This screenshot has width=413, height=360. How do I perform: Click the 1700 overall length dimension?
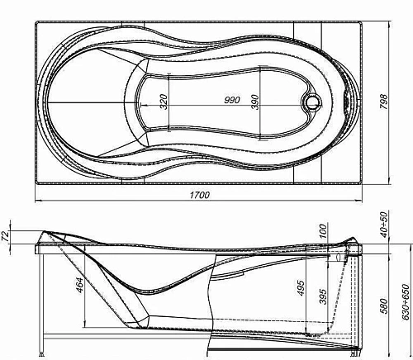click(x=199, y=195)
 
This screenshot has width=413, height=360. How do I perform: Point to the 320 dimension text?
click(x=163, y=102)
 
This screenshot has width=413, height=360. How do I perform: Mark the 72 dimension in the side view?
click(x=7, y=237)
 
